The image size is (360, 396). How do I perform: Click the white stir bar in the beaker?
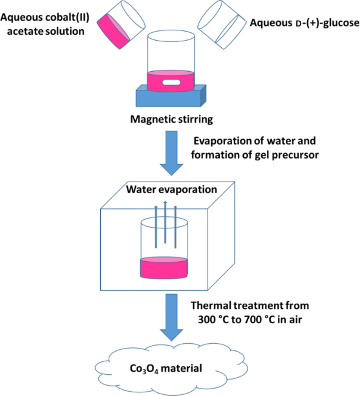(x=171, y=83)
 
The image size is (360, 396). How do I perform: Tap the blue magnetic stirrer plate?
(x=171, y=98)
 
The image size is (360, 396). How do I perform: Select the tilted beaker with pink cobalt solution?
(x=121, y=24)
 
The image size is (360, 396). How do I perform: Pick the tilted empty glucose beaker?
(x=222, y=24)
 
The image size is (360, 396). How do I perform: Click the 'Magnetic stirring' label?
(x=171, y=119)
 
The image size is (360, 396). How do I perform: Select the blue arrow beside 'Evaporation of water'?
(x=171, y=153)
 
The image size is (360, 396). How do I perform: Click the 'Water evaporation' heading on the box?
(x=171, y=189)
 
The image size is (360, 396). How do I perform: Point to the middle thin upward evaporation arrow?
(x=165, y=222)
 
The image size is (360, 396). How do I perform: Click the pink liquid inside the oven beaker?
(x=164, y=268)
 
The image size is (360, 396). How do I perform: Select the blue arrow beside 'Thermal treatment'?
(x=171, y=318)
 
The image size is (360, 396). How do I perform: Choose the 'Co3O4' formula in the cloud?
(x=144, y=369)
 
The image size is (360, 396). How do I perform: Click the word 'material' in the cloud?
(x=182, y=368)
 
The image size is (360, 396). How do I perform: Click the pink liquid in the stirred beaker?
(x=171, y=81)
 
